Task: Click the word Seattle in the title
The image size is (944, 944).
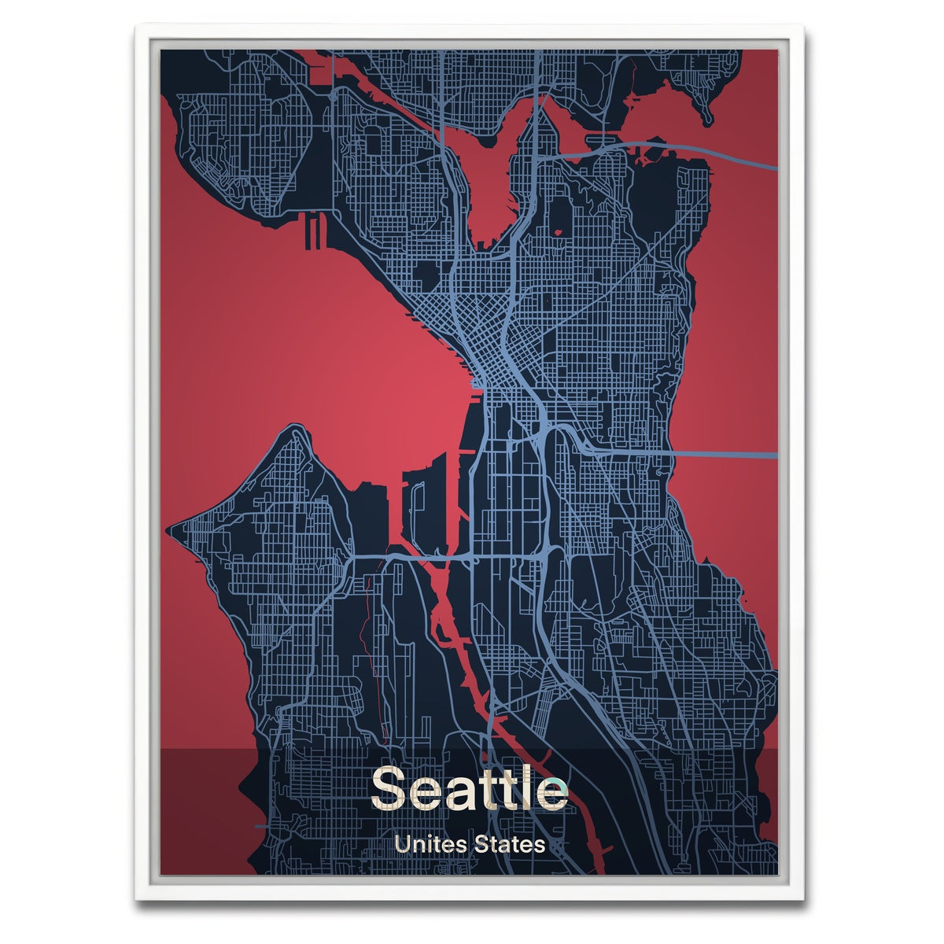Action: point(469,787)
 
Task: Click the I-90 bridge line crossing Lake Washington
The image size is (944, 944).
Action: point(724,455)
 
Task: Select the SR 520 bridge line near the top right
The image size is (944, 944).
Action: point(708,151)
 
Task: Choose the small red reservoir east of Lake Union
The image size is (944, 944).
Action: point(559,232)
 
